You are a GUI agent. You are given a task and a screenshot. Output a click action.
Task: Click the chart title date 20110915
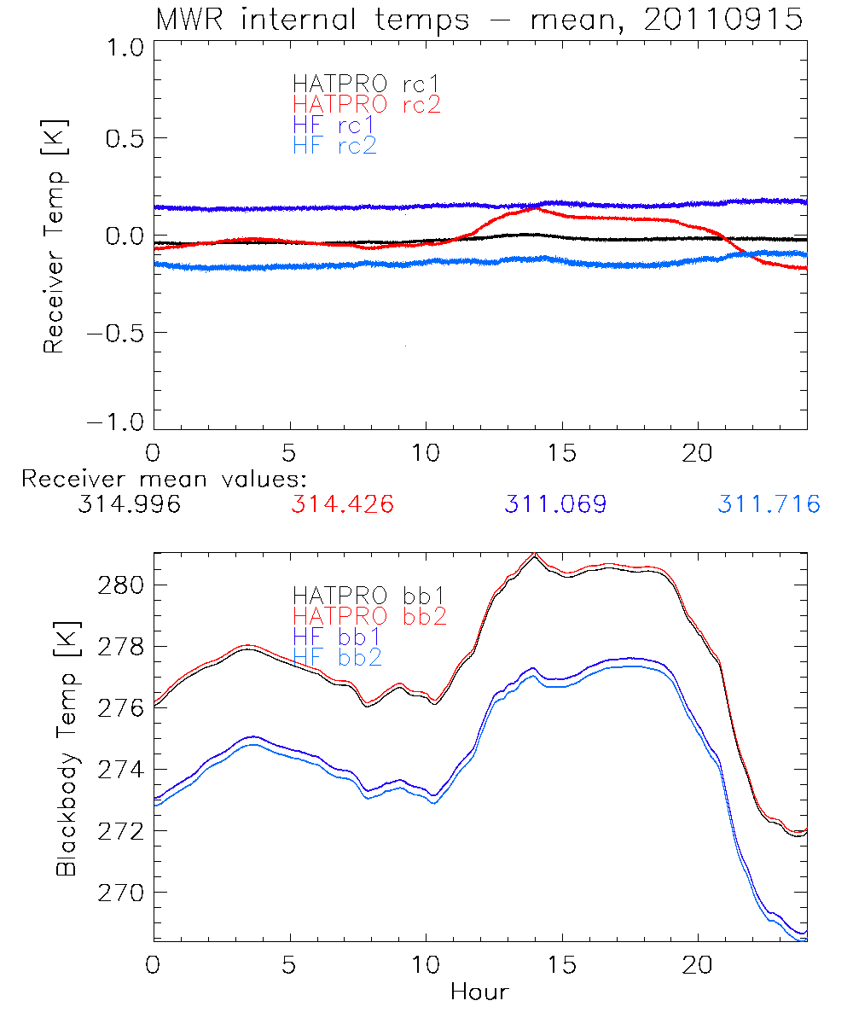click(x=723, y=19)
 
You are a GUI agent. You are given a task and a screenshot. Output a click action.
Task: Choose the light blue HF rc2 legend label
click(x=334, y=145)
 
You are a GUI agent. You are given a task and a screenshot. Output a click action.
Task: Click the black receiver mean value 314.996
click(x=129, y=504)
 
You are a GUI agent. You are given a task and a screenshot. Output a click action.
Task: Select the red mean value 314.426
click(x=342, y=504)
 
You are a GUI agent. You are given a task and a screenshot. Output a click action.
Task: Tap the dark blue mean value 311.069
click(x=555, y=504)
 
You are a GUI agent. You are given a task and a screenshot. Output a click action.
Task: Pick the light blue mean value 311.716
click(x=769, y=504)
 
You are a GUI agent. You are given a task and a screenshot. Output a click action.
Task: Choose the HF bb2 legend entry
click(x=336, y=656)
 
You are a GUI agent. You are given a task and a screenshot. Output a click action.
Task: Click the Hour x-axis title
click(x=479, y=992)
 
